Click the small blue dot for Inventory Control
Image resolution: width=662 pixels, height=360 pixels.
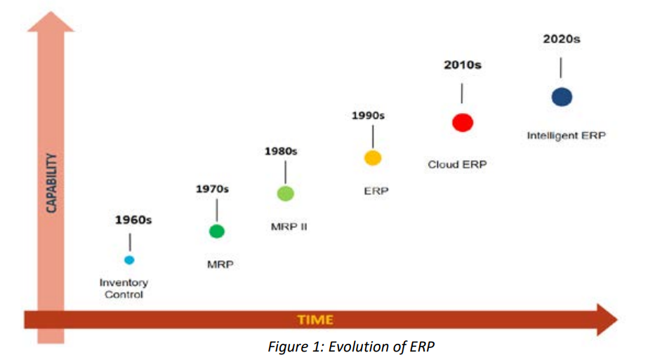(x=128, y=260)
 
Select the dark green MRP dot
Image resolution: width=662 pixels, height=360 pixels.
(x=217, y=231)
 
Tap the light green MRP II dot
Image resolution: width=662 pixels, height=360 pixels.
(x=285, y=194)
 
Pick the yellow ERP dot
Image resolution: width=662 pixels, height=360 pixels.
(x=373, y=158)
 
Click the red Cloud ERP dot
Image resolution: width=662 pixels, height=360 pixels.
(x=462, y=122)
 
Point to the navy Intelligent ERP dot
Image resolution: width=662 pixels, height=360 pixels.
(x=562, y=97)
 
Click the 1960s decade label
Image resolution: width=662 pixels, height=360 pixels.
(x=133, y=220)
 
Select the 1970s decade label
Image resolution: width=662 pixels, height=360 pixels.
(x=212, y=189)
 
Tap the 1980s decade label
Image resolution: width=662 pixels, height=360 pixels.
(x=281, y=151)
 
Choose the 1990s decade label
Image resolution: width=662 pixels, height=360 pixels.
(x=369, y=114)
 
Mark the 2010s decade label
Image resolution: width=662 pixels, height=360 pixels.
(x=463, y=65)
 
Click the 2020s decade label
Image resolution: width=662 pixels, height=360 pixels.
(x=562, y=39)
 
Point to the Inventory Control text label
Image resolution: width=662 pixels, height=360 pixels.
(x=124, y=288)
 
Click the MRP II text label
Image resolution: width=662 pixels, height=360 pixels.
(x=289, y=227)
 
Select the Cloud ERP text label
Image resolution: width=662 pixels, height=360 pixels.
(x=457, y=164)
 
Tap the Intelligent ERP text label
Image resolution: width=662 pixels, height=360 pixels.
(x=566, y=135)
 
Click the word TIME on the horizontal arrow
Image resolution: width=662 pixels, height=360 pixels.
(x=315, y=320)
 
